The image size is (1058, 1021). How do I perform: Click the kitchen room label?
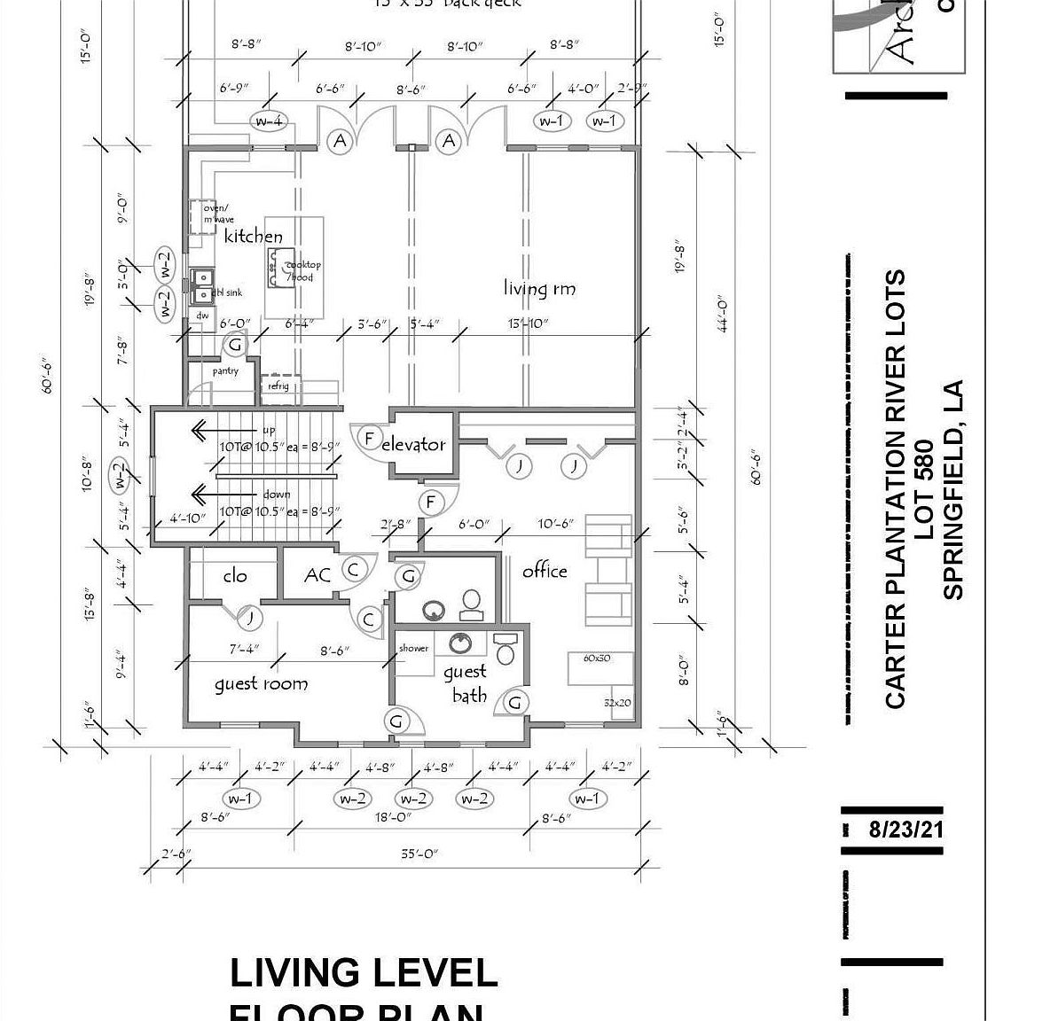tap(253, 237)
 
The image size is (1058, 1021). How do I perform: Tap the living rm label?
tap(539, 288)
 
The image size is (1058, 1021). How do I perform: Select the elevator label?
tap(413, 445)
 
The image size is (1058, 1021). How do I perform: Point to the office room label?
tap(545, 571)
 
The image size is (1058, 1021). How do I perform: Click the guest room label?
tap(261, 683)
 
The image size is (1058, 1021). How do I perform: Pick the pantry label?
tap(225, 371)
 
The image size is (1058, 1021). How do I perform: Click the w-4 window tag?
tap(269, 121)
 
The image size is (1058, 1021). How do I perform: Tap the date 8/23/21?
tap(905, 830)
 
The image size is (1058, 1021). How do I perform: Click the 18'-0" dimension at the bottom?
tap(393, 818)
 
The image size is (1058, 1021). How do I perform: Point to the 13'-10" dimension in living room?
tap(529, 324)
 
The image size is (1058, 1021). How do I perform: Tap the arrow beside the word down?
tap(214, 494)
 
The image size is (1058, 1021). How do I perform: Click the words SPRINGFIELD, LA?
tap(953, 490)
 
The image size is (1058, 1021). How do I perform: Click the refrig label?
tap(278, 386)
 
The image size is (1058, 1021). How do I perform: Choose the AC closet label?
tap(317, 576)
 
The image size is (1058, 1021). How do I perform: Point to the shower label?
tap(413, 648)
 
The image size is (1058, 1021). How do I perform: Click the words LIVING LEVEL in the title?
tap(363, 973)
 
